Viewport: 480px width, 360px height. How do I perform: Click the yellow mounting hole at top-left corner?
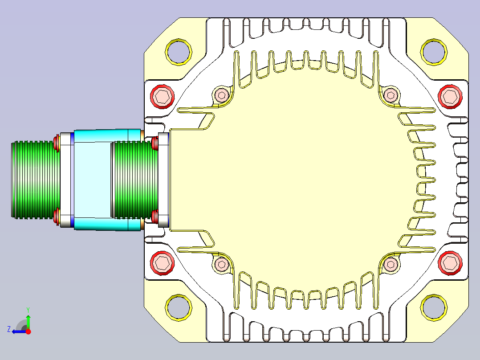pos(167,52)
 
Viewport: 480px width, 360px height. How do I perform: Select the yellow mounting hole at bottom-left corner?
pos(167,307)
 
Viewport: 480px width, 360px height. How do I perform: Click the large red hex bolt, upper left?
pos(162,97)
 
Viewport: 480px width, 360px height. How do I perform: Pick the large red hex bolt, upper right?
pos(450,97)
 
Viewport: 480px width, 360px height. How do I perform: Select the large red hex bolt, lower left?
pos(162,263)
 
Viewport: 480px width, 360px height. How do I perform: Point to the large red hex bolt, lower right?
pos(450,263)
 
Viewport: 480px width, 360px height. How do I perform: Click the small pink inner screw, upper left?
pos(221,94)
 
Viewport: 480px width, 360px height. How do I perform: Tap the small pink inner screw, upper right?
pos(391,94)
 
